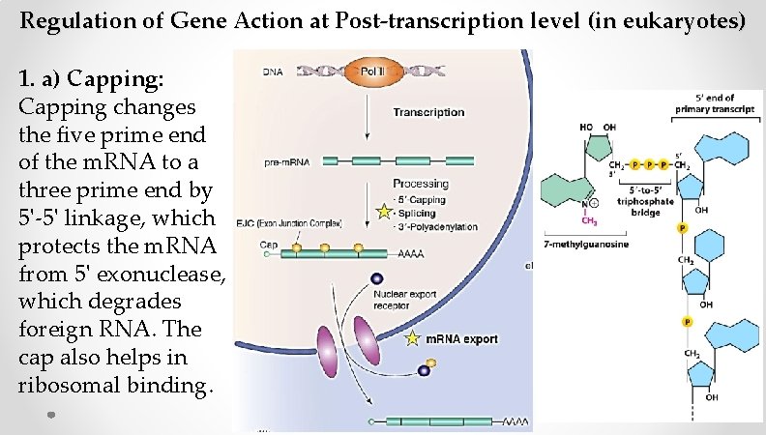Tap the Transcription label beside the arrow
click(x=428, y=112)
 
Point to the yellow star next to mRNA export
click(x=414, y=339)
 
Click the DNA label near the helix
click(x=274, y=72)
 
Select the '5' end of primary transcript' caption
click(x=712, y=101)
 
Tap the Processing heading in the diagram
click(x=421, y=183)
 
